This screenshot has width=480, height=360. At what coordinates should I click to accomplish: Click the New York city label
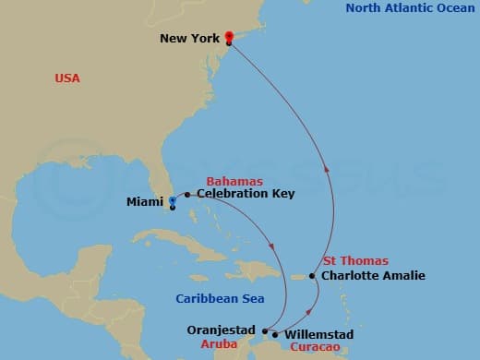click(189, 39)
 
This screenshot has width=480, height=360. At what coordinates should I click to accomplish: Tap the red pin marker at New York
click(228, 38)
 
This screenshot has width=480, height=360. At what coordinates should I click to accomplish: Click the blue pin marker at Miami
click(173, 199)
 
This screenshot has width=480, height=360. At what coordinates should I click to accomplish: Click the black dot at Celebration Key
click(187, 195)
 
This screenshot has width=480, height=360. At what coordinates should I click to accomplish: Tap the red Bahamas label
click(234, 181)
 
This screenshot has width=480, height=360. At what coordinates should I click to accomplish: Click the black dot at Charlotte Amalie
click(313, 276)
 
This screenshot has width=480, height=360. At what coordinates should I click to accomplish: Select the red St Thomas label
click(355, 260)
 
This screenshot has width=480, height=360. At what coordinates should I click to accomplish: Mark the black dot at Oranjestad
click(264, 330)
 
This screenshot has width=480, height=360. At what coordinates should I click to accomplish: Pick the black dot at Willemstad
click(275, 333)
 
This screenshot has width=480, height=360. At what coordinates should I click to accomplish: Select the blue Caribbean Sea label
click(220, 298)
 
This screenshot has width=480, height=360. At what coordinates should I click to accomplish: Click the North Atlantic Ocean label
click(409, 8)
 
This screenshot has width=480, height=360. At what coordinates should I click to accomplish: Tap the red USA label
click(67, 78)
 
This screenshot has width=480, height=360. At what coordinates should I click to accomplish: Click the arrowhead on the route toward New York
click(325, 169)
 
